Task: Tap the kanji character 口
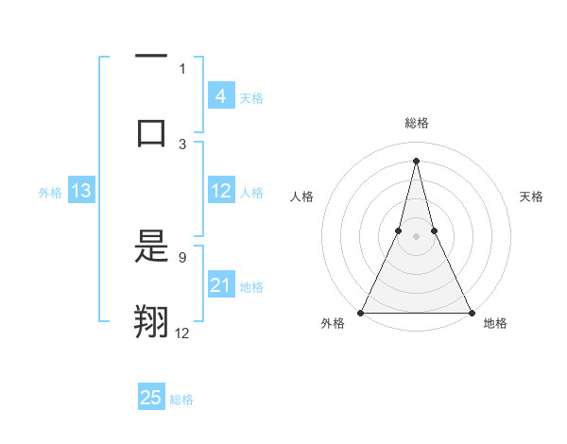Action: pyautogui.click(x=151, y=132)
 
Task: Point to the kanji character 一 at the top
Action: pyautogui.click(x=151, y=57)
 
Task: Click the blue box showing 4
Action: pyautogui.click(x=220, y=96)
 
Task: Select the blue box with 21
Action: pyautogui.click(x=220, y=285)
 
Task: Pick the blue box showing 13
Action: pyautogui.click(x=81, y=191)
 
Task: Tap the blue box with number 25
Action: pyautogui.click(x=151, y=398)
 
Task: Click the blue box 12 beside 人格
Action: pyautogui.click(x=221, y=191)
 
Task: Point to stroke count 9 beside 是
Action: pyautogui.click(x=181, y=256)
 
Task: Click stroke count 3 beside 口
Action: pyautogui.click(x=182, y=144)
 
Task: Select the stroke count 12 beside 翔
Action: pyautogui.click(x=181, y=332)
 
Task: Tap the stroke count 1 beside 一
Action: pyautogui.click(x=182, y=68)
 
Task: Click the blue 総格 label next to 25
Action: pyautogui.click(x=181, y=400)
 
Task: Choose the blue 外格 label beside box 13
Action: pyautogui.click(x=50, y=193)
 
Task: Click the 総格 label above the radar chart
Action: pyautogui.click(x=416, y=124)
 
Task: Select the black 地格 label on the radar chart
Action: pyautogui.click(x=495, y=324)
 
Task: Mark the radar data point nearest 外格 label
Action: pyautogui.click(x=361, y=312)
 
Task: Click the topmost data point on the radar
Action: pyautogui.click(x=416, y=160)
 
